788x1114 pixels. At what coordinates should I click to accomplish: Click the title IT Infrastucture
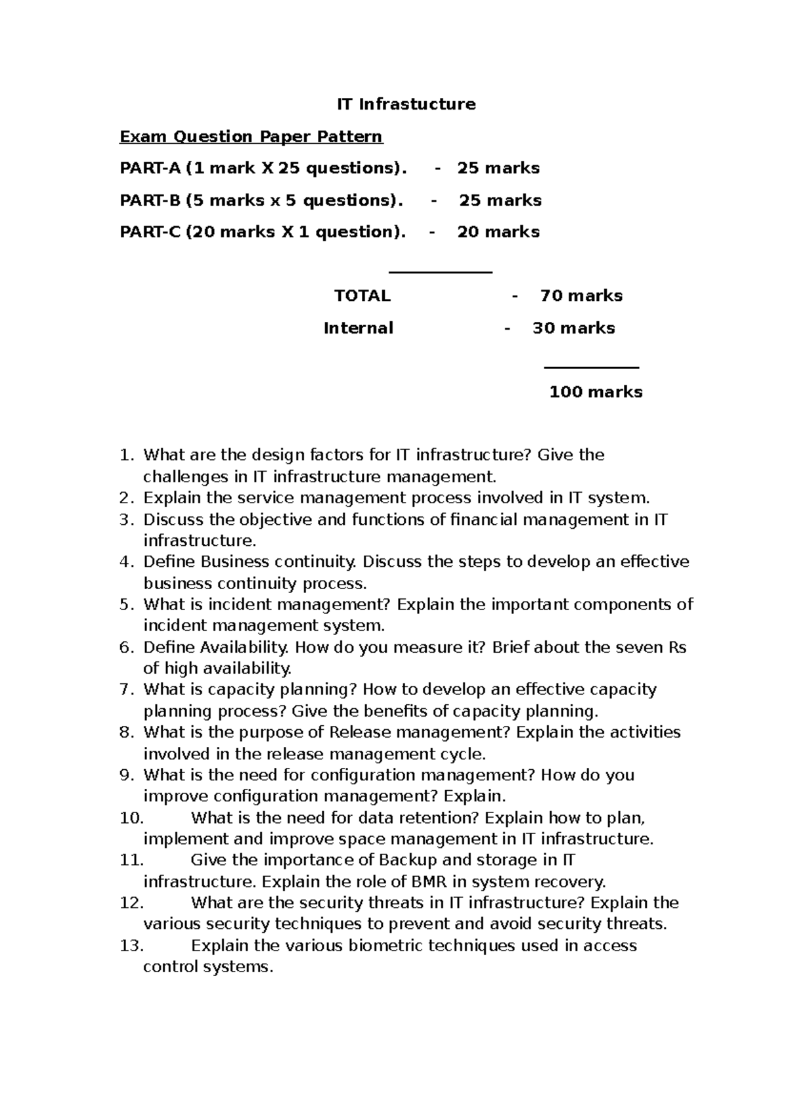tap(406, 104)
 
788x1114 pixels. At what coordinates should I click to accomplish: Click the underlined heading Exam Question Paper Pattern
tap(250, 137)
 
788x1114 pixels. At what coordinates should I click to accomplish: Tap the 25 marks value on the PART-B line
tap(500, 200)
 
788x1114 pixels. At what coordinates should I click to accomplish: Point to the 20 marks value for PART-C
tap(498, 232)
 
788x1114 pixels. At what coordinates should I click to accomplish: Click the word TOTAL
tap(362, 296)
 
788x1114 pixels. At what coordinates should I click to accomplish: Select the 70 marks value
tap(581, 296)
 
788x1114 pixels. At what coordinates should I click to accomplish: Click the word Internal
tap(359, 328)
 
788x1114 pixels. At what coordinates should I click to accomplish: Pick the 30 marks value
tap(573, 328)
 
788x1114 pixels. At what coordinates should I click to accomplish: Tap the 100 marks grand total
tap(596, 392)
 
